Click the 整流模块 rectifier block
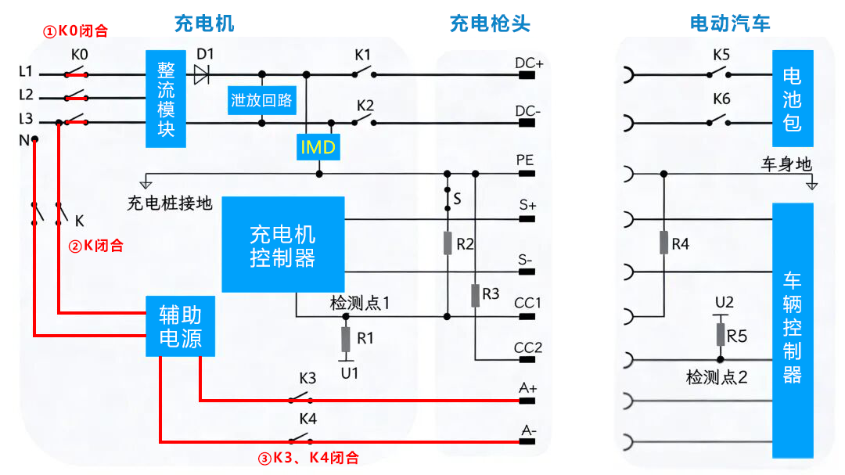tap(166, 99)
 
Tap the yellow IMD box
tap(318, 146)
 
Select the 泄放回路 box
tap(261, 100)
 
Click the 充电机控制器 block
tap(283, 245)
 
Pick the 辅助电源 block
tap(180, 326)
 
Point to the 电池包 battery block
tap(793, 99)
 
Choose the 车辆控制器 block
tap(793, 330)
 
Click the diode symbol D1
tap(203, 74)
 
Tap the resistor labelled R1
tap(345, 340)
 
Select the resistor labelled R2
tap(448, 243)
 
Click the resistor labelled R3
tap(475, 296)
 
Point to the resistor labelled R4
tap(663, 243)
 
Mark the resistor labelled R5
tap(721, 335)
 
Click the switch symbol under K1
tap(362, 74)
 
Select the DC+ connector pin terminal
tap(527, 75)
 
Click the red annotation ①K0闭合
tap(75, 32)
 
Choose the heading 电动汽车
tap(730, 23)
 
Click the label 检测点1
tap(360, 303)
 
